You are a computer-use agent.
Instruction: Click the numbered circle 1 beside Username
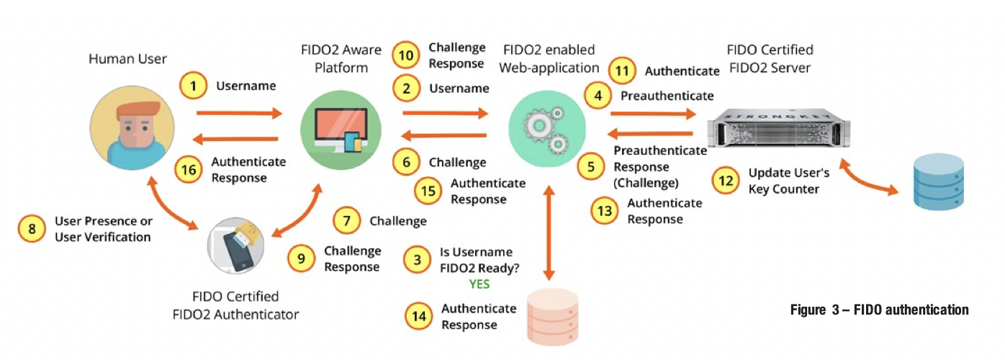click(192, 87)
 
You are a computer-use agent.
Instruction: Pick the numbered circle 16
click(190, 170)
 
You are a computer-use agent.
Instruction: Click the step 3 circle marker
click(418, 261)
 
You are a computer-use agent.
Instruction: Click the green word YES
click(479, 284)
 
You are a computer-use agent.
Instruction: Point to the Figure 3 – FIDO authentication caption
click(879, 310)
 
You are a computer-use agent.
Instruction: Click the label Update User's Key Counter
click(788, 181)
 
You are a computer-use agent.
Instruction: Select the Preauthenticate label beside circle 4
click(667, 95)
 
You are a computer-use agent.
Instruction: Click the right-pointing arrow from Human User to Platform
click(238, 113)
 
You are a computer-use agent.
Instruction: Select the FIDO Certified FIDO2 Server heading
click(770, 58)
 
